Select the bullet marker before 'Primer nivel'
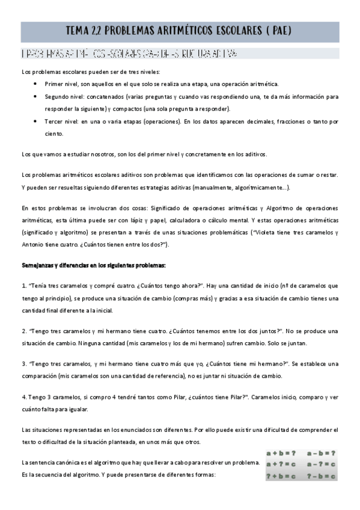tap(37, 84)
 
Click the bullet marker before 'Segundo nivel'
tap(37, 96)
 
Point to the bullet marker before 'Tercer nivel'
tap(37, 121)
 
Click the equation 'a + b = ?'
tap(281, 453)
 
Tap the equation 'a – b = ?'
tap(321, 453)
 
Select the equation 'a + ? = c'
tap(281, 464)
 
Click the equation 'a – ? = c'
tap(321, 464)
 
